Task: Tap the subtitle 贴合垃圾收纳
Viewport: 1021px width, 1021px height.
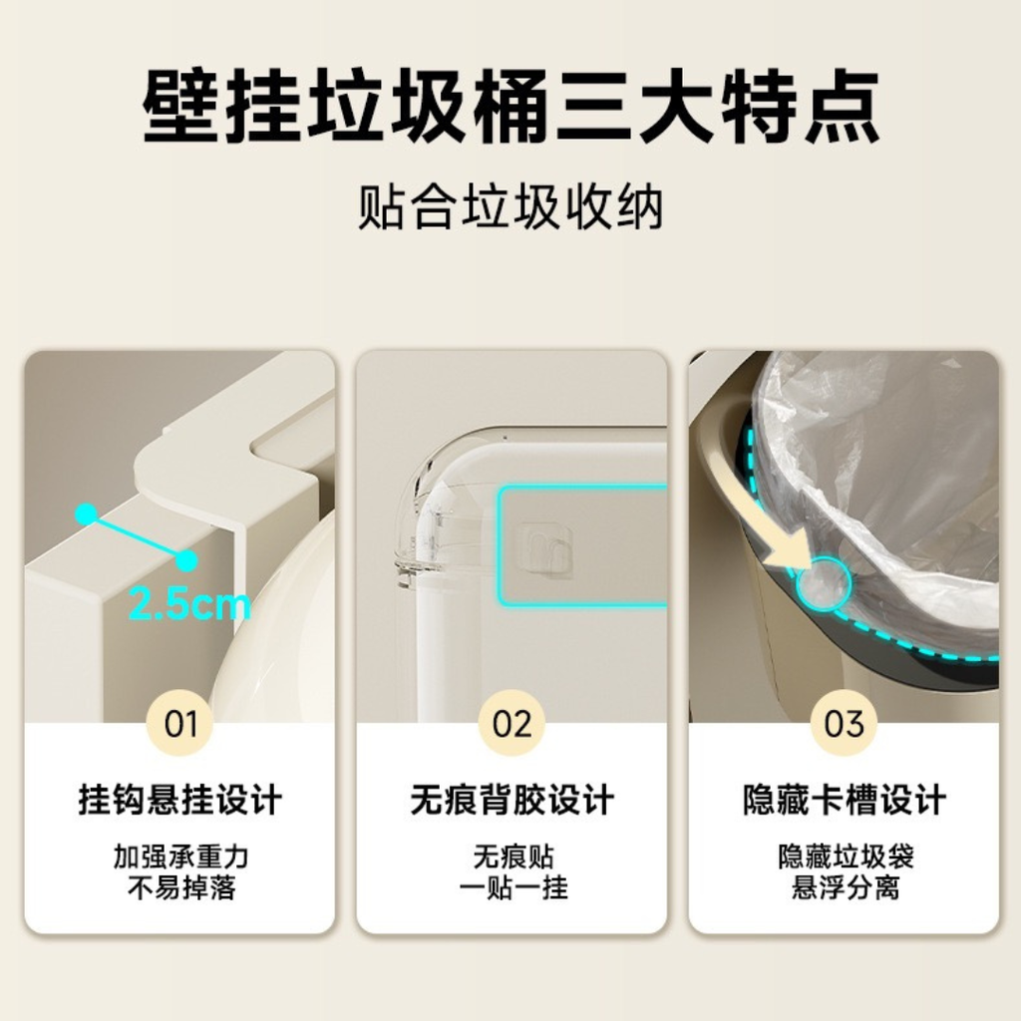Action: [x=511, y=206]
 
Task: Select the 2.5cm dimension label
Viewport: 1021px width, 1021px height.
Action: [x=189, y=603]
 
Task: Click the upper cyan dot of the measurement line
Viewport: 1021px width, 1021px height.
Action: [x=87, y=514]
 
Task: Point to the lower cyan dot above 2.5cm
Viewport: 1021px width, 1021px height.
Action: [x=186, y=560]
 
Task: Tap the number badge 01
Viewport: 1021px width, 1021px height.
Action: [x=180, y=723]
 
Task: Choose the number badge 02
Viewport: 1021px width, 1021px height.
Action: [x=511, y=723]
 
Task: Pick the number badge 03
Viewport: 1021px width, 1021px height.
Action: [x=844, y=723]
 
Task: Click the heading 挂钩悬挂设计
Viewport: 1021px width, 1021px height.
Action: [x=180, y=800]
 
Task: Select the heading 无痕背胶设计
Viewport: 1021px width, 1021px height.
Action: [x=511, y=800]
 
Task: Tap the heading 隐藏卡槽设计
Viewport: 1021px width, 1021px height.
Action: [x=844, y=800]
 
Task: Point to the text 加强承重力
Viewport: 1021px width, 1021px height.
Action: [x=181, y=856]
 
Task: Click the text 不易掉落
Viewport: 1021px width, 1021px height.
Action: [x=181, y=887]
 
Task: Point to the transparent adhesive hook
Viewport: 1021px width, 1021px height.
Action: [x=545, y=550]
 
